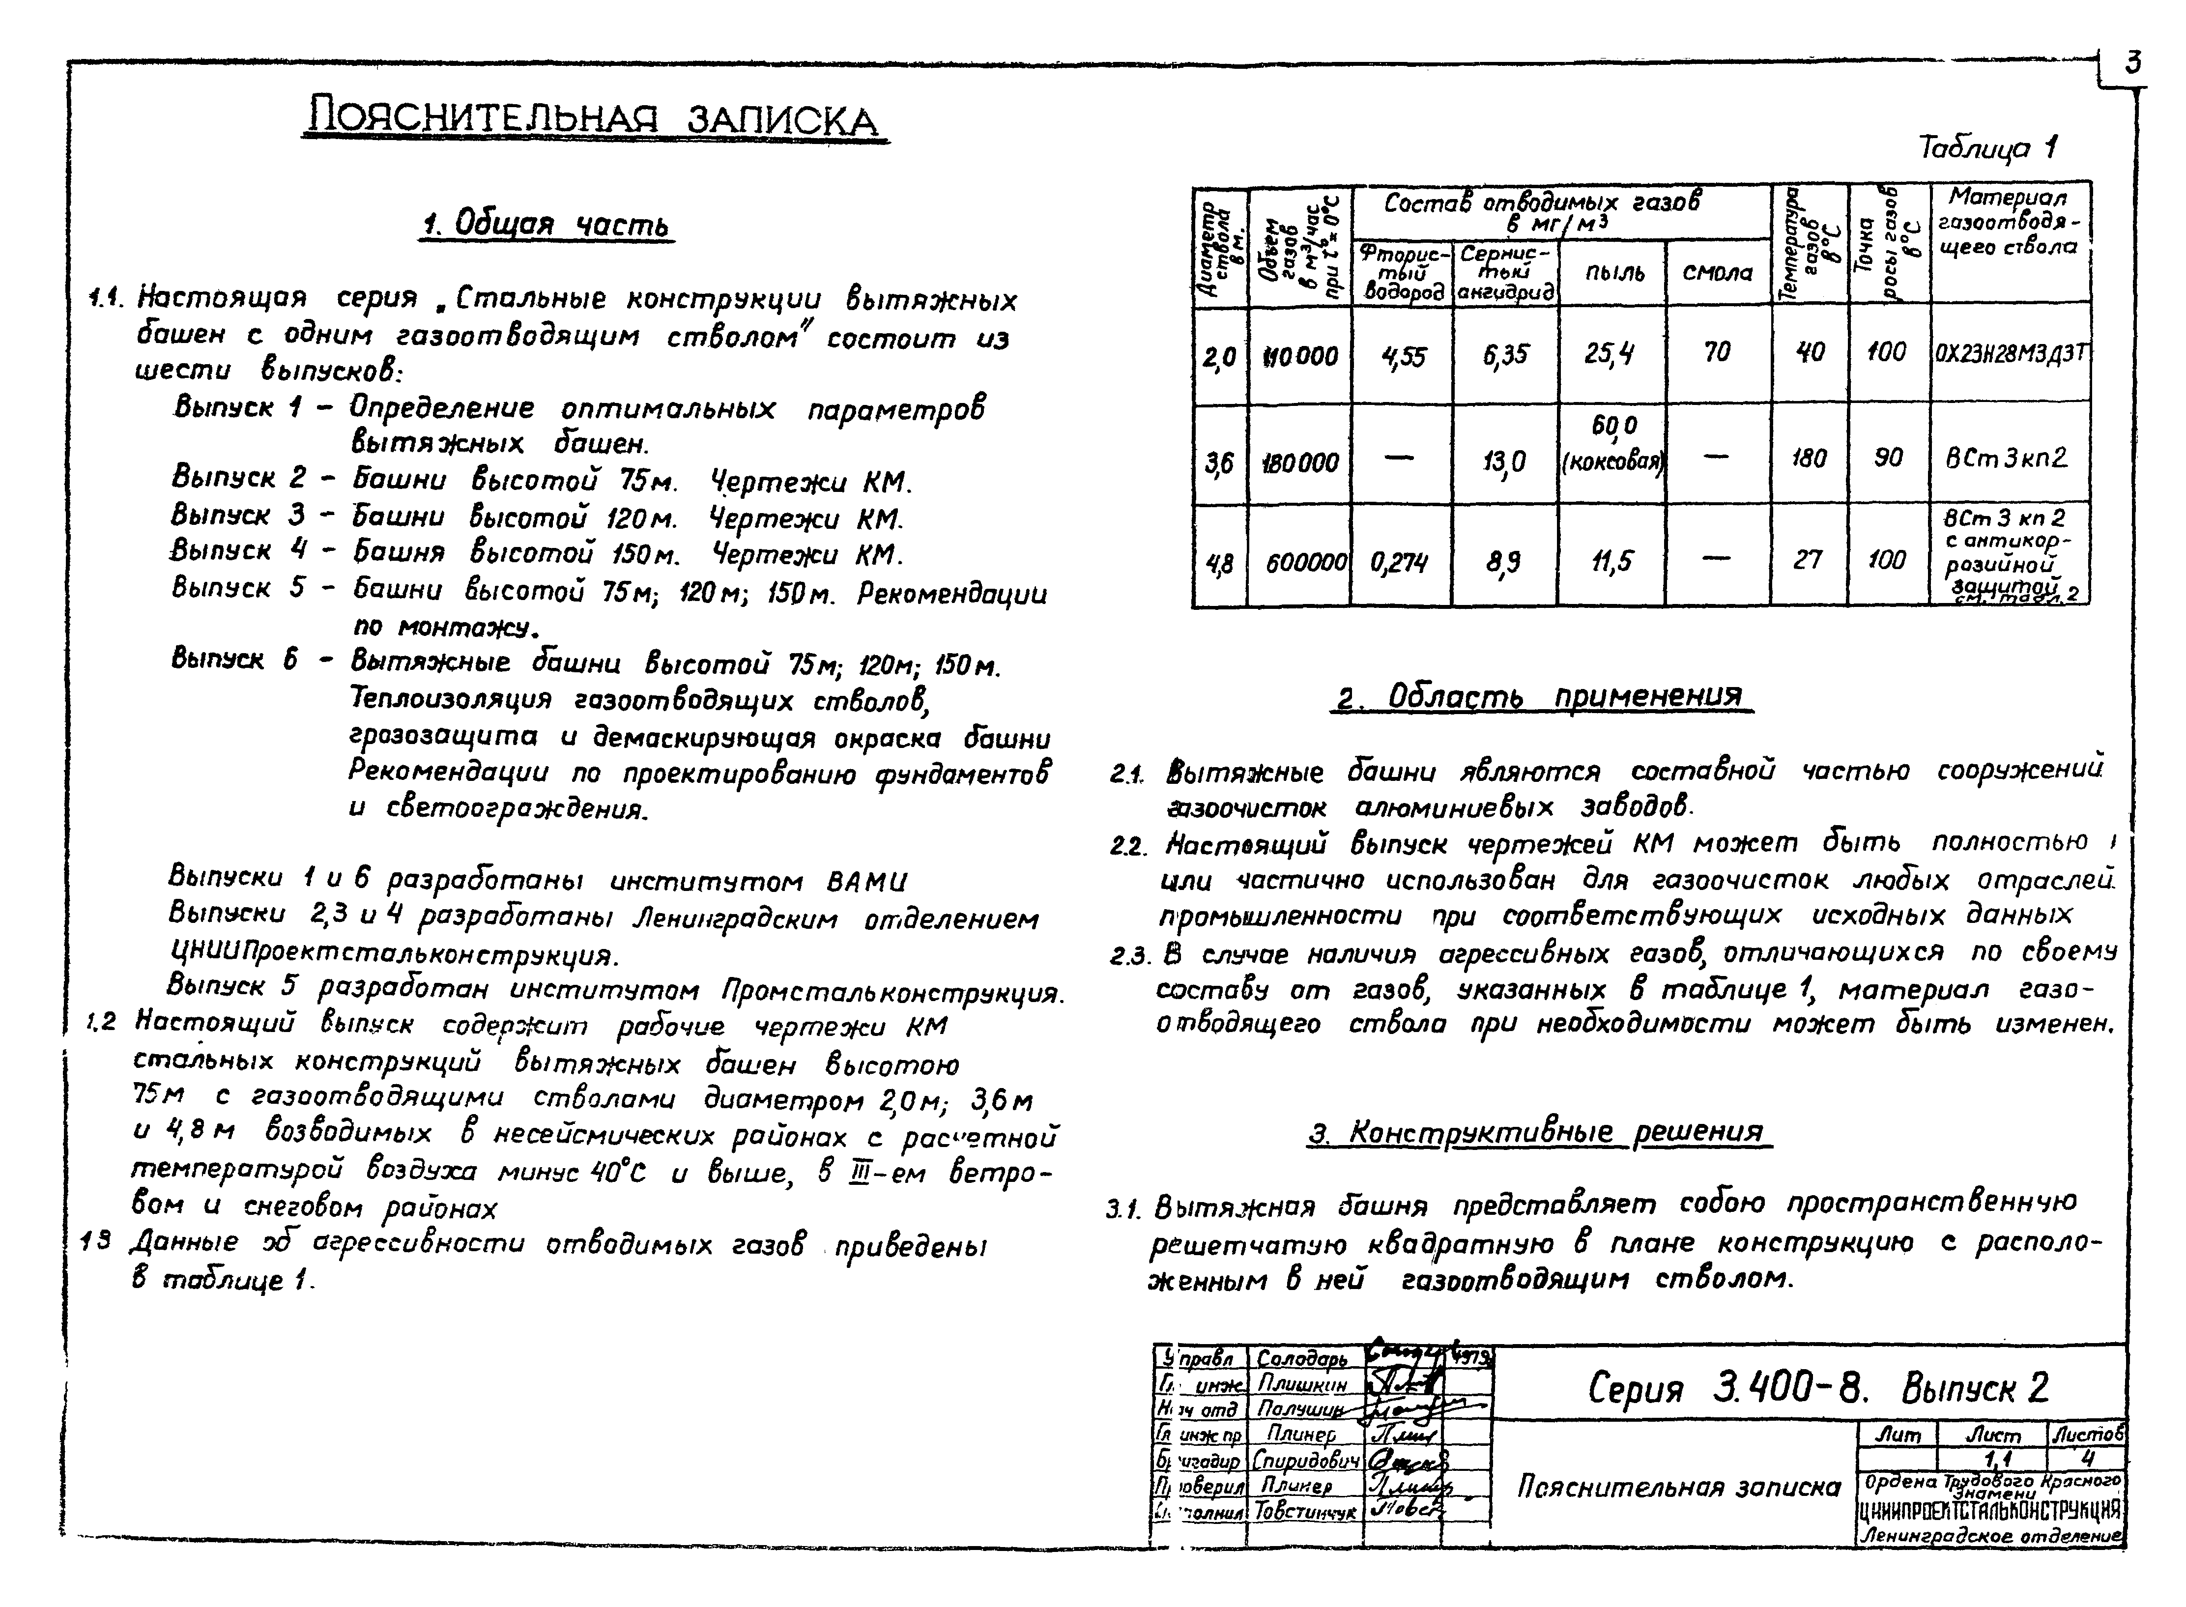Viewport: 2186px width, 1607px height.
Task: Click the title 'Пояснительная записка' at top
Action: coord(594,119)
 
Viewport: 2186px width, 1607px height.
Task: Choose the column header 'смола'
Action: coord(1717,273)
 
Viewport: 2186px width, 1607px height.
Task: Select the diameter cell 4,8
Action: coord(1219,562)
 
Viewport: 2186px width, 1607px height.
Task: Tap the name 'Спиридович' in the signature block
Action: coord(1305,1461)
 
